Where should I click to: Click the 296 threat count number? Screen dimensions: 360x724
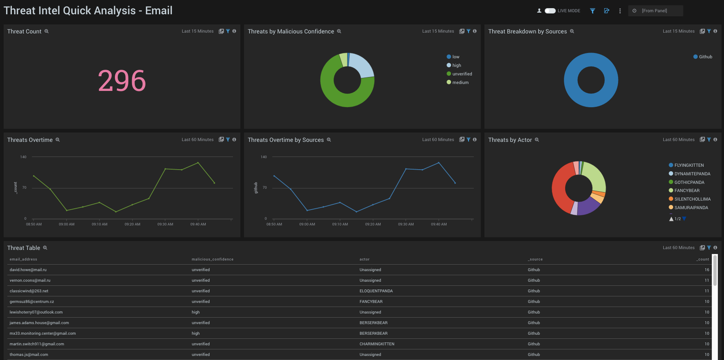point(122,81)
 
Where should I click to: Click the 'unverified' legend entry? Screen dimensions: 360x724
point(462,74)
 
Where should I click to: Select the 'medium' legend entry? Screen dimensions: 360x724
point(460,82)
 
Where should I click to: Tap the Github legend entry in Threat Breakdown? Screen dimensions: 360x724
point(705,57)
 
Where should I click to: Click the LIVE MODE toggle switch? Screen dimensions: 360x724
point(550,11)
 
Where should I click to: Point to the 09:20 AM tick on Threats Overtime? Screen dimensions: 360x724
point(132,224)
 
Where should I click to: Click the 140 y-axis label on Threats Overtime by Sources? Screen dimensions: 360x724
point(264,157)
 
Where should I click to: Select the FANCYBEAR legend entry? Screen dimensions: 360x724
point(687,190)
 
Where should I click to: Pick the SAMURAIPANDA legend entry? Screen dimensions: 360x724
point(691,208)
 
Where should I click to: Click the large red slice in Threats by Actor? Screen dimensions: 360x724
point(560,188)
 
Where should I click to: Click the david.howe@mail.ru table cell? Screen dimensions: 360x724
point(28,270)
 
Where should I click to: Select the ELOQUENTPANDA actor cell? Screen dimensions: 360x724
point(376,291)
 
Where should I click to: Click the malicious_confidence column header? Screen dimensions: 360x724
point(212,259)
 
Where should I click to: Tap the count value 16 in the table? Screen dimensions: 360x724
point(706,270)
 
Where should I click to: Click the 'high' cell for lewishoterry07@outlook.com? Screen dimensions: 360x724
point(196,312)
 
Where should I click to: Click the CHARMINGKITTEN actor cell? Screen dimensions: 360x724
point(377,344)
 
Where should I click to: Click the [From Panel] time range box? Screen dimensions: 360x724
point(656,11)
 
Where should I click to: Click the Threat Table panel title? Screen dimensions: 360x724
point(24,248)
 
